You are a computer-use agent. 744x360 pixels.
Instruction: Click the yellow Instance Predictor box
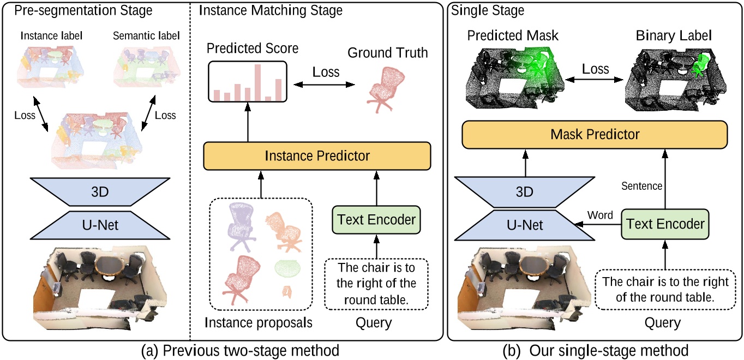317,156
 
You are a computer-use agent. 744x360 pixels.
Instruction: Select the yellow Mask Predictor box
595,134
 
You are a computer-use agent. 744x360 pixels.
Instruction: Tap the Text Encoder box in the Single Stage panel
665,224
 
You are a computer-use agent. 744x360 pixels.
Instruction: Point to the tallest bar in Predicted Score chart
257,82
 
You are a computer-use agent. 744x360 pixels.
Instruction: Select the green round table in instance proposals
287,267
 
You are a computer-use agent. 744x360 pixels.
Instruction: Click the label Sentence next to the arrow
641,186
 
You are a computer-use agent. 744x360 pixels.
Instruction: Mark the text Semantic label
146,36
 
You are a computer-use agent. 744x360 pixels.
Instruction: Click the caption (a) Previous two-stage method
239,350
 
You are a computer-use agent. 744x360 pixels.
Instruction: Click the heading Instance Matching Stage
271,10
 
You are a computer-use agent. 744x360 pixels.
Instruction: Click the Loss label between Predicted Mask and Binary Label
596,69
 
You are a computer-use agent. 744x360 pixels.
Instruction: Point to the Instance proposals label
258,322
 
